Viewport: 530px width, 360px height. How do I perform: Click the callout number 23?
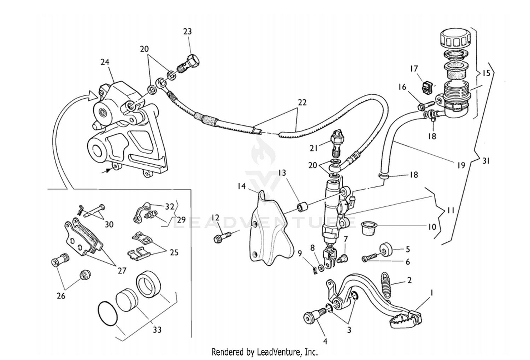click(x=187, y=31)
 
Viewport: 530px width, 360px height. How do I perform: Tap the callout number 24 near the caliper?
click(x=105, y=62)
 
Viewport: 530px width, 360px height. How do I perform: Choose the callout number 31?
click(x=486, y=161)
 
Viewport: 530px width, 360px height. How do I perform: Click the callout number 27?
click(x=122, y=271)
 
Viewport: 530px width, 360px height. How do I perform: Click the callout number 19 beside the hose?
click(x=461, y=165)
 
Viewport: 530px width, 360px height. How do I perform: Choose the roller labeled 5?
click(x=386, y=249)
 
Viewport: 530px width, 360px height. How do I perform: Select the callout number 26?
click(x=61, y=295)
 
